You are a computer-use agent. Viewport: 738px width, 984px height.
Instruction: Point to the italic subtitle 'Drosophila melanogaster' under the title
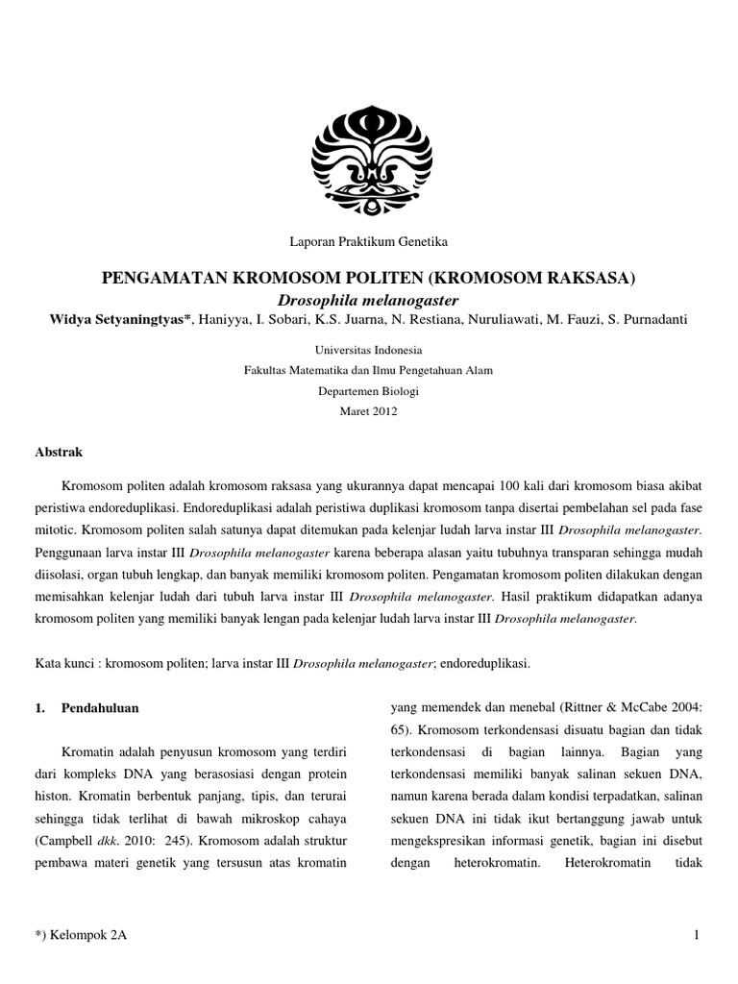(x=369, y=301)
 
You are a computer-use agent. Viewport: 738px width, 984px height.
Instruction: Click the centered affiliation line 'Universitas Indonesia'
(x=369, y=351)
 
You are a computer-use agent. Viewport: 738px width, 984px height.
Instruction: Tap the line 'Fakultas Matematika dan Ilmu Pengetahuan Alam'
(x=369, y=371)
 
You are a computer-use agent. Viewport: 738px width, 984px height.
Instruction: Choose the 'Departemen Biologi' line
(x=369, y=391)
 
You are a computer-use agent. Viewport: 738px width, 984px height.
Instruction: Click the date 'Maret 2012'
(x=369, y=411)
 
